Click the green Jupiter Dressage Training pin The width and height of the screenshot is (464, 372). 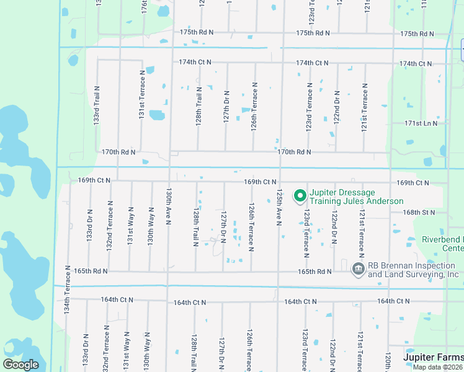tap(300, 197)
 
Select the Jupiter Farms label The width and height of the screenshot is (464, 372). tap(432, 357)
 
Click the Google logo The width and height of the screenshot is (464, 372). tap(20, 365)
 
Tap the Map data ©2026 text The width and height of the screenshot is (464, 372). tap(438, 366)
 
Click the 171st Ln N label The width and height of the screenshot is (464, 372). tap(421, 123)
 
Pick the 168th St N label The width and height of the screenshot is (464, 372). tap(419, 212)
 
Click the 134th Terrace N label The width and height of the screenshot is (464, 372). tap(68, 291)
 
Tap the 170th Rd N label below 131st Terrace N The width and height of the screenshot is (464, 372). tap(118, 151)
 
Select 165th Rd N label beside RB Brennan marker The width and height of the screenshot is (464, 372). tap(315, 272)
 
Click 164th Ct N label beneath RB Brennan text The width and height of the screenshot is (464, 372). tap(394, 301)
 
